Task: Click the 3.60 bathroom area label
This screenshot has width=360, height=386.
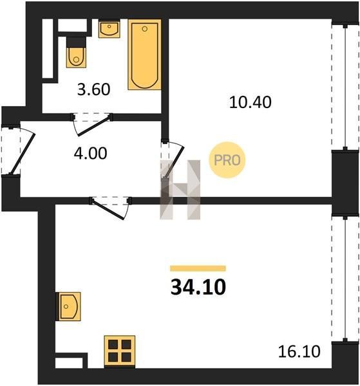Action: click(x=93, y=89)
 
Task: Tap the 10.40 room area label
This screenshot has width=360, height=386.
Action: click(x=250, y=102)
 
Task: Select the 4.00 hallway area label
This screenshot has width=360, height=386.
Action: click(x=90, y=153)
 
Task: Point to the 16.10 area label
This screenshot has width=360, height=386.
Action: click(x=299, y=351)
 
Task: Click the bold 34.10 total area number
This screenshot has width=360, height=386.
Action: click(x=198, y=288)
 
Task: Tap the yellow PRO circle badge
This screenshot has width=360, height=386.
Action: click(x=227, y=160)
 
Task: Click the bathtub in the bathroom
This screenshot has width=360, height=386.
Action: click(x=145, y=55)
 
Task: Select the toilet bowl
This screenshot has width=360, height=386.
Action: click(x=77, y=57)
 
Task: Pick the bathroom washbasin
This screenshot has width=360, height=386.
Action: click(x=109, y=30)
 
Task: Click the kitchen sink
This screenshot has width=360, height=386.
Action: click(x=69, y=306)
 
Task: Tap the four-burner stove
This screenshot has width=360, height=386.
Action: click(x=120, y=351)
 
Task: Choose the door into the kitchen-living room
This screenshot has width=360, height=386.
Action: click(x=108, y=208)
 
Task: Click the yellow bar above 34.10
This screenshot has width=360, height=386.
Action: click(x=198, y=268)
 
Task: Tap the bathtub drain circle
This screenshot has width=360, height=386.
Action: click(x=145, y=29)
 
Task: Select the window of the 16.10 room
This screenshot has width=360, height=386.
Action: click(x=345, y=279)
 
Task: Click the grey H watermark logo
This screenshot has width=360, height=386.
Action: click(x=180, y=190)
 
